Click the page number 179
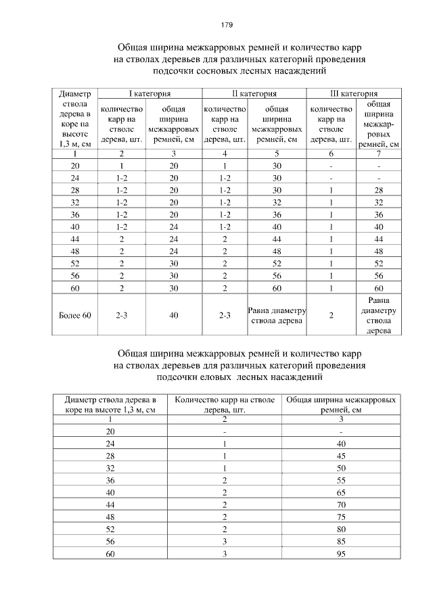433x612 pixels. pyautogui.click(x=227, y=25)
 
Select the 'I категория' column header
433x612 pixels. pyautogui.click(x=150, y=93)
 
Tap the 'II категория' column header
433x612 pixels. pyautogui.click(x=254, y=93)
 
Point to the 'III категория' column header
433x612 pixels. pyautogui.click(x=355, y=93)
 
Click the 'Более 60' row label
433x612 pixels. pyautogui.click(x=74, y=315)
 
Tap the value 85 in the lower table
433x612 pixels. pyautogui.click(x=340, y=542)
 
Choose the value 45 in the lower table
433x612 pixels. pyautogui.click(x=340, y=455)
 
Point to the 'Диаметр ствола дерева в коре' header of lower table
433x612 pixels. pyautogui.click(x=110, y=404)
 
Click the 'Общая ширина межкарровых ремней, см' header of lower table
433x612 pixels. pyautogui.click(x=340, y=404)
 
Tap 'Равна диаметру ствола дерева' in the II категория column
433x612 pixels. pyautogui.click(x=277, y=315)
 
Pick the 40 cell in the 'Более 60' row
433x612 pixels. pyautogui.click(x=174, y=315)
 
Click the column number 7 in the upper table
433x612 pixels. pyautogui.click(x=379, y=155)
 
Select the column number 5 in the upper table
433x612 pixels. pyautogui.click(x=277, y=155)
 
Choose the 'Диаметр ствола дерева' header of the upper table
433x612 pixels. pyautogui.click(x=74, y=118)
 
